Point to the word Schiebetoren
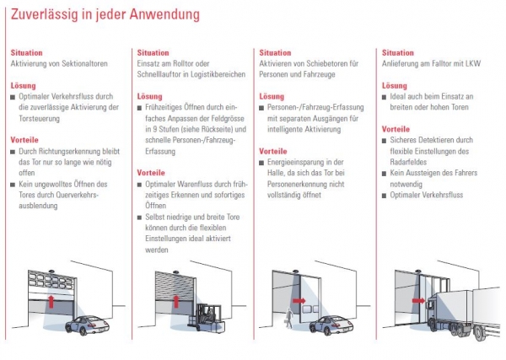[334, 64]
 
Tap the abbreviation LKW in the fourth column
[486, 64]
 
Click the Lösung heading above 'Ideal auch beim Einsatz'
[395, 86]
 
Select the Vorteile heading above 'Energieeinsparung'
[274, 151]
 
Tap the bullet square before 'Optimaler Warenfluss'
[139, 184]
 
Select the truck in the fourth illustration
[455, 312]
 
